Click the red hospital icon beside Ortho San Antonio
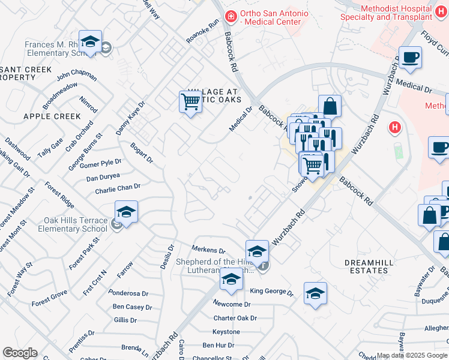pos(229,16)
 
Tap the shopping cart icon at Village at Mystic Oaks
pos(190,102)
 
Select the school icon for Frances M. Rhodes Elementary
pos(90,41)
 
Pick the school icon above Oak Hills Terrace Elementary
pos(126,212)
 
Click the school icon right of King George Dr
pos(315,293)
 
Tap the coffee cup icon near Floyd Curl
pos(410,58)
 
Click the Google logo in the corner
pos(19,353)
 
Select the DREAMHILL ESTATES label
pos(367,266)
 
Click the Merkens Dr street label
pos(208,250)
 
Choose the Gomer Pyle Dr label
pos(101,164)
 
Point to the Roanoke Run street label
pos(202,32)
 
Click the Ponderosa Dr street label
pos(128,293)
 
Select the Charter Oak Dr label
pos(235,318)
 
